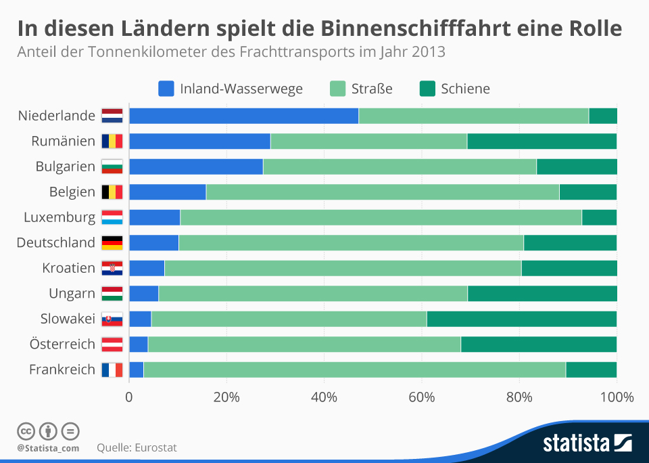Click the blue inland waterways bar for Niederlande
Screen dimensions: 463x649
pos(243,116)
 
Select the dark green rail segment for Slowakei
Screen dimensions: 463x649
pos(521,319)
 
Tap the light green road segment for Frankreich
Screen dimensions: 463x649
pos(354,370)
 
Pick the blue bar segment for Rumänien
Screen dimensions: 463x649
pos(199,141)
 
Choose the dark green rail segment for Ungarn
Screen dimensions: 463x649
pos(542,293)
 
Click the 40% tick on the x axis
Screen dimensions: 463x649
pos(324,397)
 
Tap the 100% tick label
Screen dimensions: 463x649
pos(616,397)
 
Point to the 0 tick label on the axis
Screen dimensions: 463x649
pos(129,397)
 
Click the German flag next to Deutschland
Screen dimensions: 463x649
pos(112,242)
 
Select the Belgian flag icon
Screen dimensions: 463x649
pos(112,192)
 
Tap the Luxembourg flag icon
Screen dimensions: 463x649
pos(112,217)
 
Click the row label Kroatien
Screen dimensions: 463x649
pos(68,268)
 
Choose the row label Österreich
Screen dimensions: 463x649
pos(62,344)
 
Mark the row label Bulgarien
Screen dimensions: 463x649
pos(66,167)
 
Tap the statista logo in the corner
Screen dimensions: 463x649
pos(587,443)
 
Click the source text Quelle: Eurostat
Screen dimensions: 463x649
pos(137,447)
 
